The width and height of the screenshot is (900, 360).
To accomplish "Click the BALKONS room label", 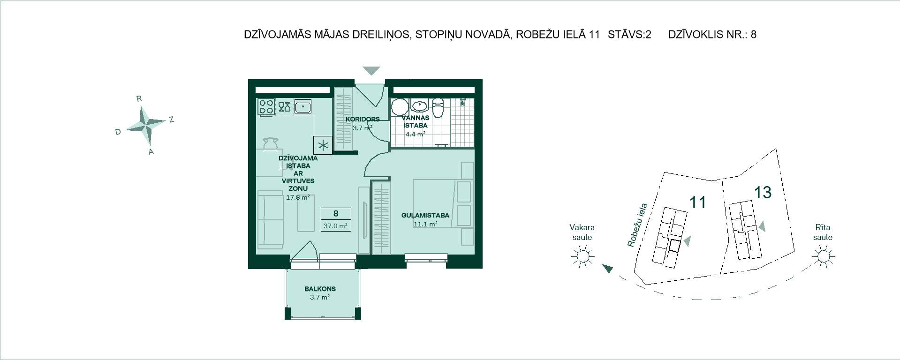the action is (320, 289).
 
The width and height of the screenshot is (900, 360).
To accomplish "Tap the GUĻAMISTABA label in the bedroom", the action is (425, 215).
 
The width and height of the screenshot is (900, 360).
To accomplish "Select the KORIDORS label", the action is (363, 119).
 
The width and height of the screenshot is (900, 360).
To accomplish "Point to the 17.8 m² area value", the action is (298, 197).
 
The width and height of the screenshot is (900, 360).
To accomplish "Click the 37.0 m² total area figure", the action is (335, 225).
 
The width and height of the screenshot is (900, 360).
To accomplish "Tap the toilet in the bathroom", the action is (438, 108).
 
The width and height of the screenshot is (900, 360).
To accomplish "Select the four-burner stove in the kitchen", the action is (266, 107).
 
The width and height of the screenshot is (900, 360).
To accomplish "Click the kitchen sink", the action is (303, 107).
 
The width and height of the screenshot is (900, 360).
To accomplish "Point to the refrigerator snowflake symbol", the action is (323, 145).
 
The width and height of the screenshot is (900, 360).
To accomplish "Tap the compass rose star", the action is (146, 125).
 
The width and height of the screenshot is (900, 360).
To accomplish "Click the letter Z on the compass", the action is (172, 120).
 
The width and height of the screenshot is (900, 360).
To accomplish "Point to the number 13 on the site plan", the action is (763, 192).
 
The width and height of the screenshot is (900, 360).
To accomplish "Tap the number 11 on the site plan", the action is (698, 202).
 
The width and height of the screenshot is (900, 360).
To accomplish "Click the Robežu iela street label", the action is (637, 225).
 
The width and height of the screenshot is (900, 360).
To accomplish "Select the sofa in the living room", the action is (270, 219).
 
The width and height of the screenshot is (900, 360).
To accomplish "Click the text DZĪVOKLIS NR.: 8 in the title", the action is (712, 34).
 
